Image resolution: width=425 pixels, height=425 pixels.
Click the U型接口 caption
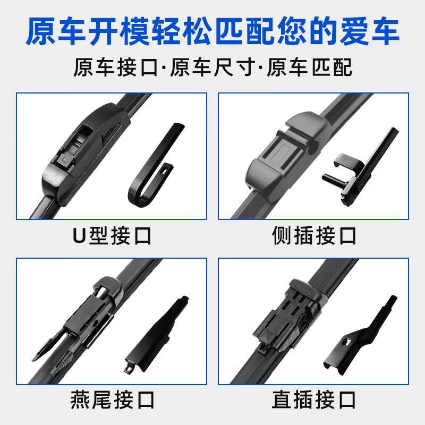(x=112, y=235)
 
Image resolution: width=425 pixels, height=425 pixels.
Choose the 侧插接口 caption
(x=314, y=235)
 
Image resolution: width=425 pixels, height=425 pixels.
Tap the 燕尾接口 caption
(x=112, y=399)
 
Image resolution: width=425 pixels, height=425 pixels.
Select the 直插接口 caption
(x=314, y=399)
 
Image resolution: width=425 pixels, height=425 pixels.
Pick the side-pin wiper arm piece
(x=367, y=165)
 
